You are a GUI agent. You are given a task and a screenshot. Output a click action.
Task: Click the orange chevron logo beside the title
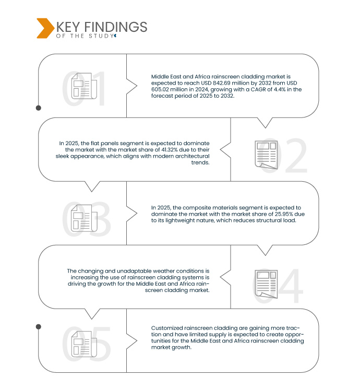point(45,28)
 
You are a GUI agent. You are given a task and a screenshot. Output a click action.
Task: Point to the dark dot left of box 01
point(38,108)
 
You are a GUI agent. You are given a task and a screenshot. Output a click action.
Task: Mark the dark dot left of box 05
point(38,326)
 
